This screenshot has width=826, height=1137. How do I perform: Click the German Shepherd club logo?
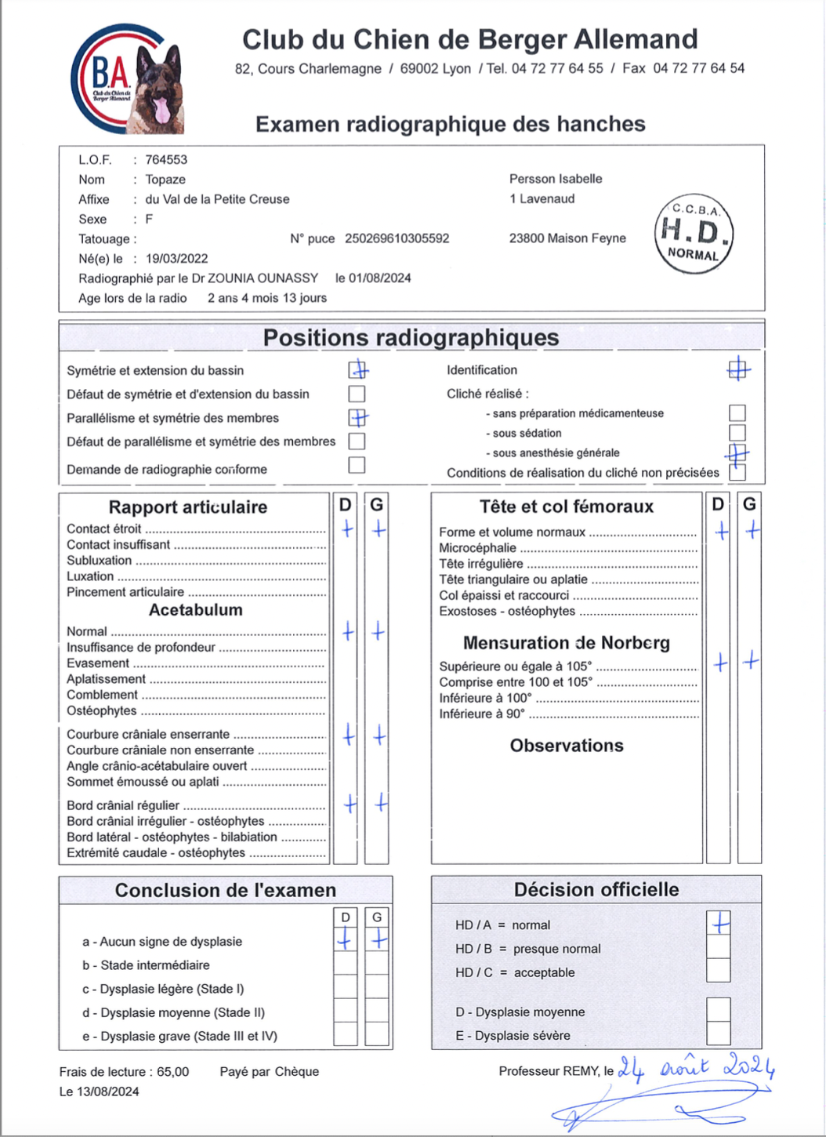[127, 78]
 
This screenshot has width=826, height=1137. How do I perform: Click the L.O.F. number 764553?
[166, 160]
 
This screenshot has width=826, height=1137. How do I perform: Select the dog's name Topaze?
[165, 180]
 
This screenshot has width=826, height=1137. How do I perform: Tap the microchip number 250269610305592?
[397, 238]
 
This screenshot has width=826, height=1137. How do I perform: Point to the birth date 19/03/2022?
[177, 259]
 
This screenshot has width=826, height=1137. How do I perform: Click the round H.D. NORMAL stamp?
[694, 234]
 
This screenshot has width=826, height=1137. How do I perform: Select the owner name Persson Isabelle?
[556, 179]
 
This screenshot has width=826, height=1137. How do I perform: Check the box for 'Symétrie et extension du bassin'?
[357, 369]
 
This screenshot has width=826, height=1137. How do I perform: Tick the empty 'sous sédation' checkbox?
[737, 433]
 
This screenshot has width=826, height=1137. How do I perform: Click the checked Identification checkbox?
[737, 369]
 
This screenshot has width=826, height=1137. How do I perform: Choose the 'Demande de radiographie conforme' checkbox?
[357, 465]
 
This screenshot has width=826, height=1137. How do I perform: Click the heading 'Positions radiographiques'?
[411, 338]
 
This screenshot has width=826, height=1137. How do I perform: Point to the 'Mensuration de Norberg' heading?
[566, 643]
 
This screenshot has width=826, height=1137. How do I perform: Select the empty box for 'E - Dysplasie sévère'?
[719, 1033]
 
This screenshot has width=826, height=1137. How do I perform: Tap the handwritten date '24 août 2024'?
[696, 1068]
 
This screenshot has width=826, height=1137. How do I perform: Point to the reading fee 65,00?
[173, 1072]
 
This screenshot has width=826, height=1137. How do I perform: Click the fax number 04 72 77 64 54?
[698, 69]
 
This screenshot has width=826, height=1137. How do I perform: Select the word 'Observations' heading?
[567, 746]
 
